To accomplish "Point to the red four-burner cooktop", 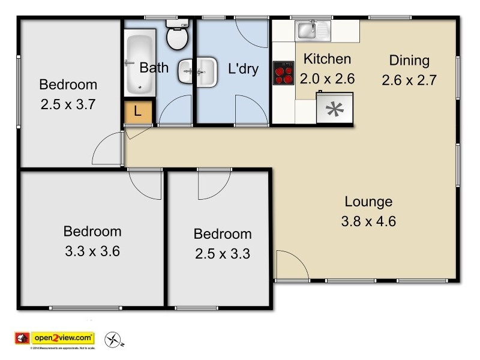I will pyautogui.click(x=283, y=73).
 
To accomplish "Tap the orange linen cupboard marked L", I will pyautogui.click(x=138, y=112).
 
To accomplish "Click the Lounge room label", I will pyautogui.click(x=368, y=202).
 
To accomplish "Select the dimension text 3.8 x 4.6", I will pyautogui.click(x=368, y=221).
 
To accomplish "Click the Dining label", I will pyautogui.click(x=409, y=60).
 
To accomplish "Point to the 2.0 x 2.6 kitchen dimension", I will pyautogui.click(x=327, y=78).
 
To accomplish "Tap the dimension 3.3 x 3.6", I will pyautogui.click(x=92, y=251).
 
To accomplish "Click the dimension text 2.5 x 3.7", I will pyautogui.click(x=68, y=104).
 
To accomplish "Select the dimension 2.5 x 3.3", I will pyautogui.click(x=222, y=253).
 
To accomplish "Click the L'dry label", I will pyautogui.click(x=244, y=68).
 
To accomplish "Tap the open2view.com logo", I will pyautogui.click(x=62, y=338).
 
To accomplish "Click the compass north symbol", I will pyautogui.click(x=113, y=340).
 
